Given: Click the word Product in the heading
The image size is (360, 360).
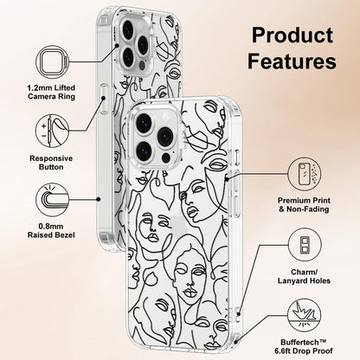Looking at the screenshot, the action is coord(292,35).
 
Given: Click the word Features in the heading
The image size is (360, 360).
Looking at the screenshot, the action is coord(292,61).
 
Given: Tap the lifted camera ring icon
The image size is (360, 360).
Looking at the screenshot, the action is coord(53,62).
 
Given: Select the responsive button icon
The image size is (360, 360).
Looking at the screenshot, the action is coord(53,131).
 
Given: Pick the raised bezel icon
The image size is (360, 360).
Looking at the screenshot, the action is coord(53,200).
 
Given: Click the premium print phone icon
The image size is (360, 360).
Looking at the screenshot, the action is coord(305,174).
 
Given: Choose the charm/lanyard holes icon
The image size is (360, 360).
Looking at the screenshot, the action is coord(305,245).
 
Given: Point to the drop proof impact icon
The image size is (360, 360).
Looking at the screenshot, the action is coord(305,315).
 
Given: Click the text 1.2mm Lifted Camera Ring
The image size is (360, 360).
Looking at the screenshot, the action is coord(51,92).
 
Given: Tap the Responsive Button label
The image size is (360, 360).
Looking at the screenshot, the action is coord(51,163).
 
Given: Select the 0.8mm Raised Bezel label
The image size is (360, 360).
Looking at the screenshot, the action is coord(51,231).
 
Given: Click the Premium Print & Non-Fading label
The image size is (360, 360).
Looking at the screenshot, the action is coord(304,205).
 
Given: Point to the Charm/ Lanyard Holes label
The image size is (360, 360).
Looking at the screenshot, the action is coord(304,276).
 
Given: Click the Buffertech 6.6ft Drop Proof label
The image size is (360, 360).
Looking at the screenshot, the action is coord(304,347).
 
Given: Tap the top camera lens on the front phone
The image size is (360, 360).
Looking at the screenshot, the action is coord(146,123).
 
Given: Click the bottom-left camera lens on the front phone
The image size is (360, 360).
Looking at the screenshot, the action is coord(146,151).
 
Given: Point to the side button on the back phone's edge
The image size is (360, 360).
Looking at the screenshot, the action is coord(104,100).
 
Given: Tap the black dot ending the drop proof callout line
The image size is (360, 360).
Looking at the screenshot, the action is coord(235,342).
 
